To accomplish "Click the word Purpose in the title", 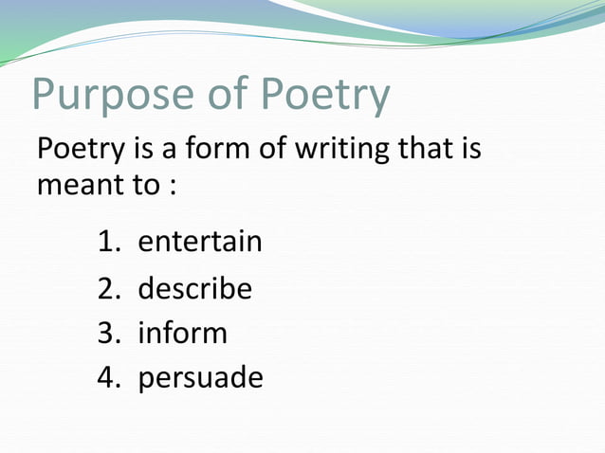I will pyautogui.click(x=113, y=97).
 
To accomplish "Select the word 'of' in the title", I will pyautogui.click(x=220, y=97).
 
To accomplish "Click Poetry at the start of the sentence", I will pyautogui.click(x=75, y=149).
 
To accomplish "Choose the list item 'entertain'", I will pyautogui.click(x=200, y=242).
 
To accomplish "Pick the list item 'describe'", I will pyautogui.click(x=195, y=288).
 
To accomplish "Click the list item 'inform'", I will pyautogui.click(x=183, y=334).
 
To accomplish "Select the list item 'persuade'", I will pyautogui.click(x=201, y=378).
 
